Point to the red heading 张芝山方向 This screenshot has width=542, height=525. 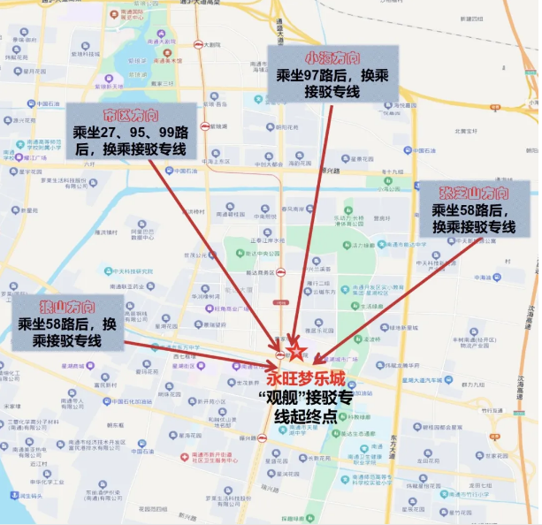474,193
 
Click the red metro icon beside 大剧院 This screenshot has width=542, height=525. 197,44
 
